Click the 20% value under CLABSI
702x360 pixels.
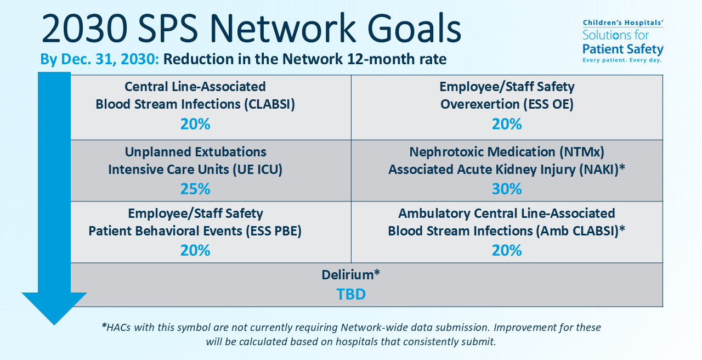(195, 124)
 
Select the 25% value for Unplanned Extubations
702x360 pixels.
(195, 189)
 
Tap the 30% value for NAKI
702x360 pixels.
(507, 189)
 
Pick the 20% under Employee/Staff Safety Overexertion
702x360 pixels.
(507, 124)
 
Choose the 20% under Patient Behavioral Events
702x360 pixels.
(195, 250)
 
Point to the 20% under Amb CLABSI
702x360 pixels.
(507, 250)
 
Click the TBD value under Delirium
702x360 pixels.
(351, 294)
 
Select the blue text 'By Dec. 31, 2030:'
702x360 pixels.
(99, 59)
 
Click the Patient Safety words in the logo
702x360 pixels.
(622, 49)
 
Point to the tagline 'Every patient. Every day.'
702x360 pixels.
(622, 60)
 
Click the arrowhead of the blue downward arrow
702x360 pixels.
(54, 307)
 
